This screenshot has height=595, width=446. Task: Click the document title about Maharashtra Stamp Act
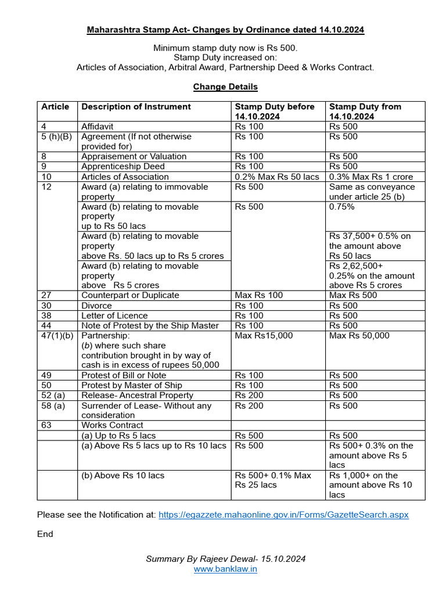click(225, 29)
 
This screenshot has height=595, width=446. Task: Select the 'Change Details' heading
click(225, 87)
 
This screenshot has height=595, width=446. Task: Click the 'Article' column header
click(55, 107)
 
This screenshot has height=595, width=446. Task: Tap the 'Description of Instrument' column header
click(136, 107)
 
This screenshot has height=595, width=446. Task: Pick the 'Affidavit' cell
click(98, 127)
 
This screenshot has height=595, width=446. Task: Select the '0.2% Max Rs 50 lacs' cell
click(277, 177)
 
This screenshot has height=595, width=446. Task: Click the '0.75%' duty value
click(341, 207)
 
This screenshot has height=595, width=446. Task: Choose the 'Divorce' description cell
click(96, 306)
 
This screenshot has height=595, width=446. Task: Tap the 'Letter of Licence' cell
click(114, 316)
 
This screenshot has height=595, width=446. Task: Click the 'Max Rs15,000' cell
click(264, 336)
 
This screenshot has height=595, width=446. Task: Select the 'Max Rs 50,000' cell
click(359, 336)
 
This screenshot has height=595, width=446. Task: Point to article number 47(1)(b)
click(57, 336)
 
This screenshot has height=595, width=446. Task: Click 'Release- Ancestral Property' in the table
click(137, 396)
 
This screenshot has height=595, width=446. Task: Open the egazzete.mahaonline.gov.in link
click(283, 515)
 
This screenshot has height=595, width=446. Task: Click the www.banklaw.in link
click(225, 569)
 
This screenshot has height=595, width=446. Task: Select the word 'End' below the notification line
click(45, 534)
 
